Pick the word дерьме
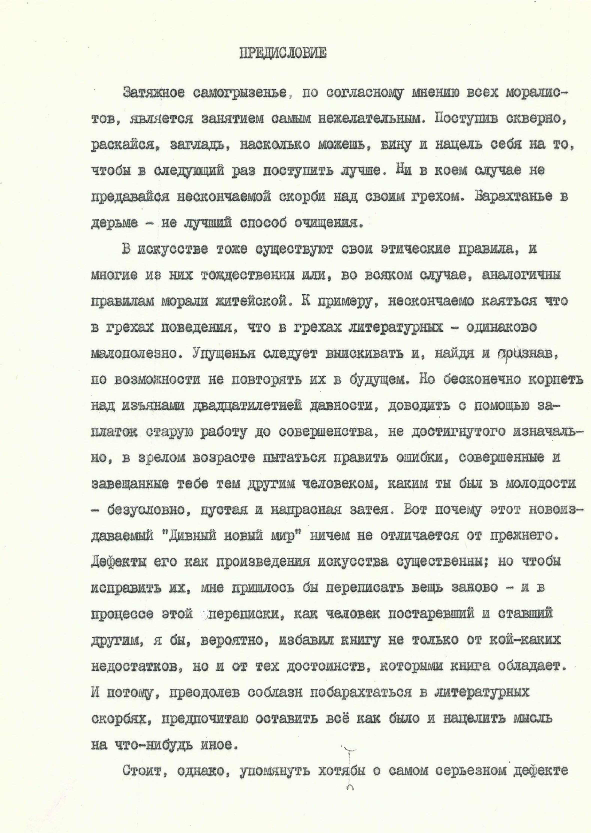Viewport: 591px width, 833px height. (x=114, y=223)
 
